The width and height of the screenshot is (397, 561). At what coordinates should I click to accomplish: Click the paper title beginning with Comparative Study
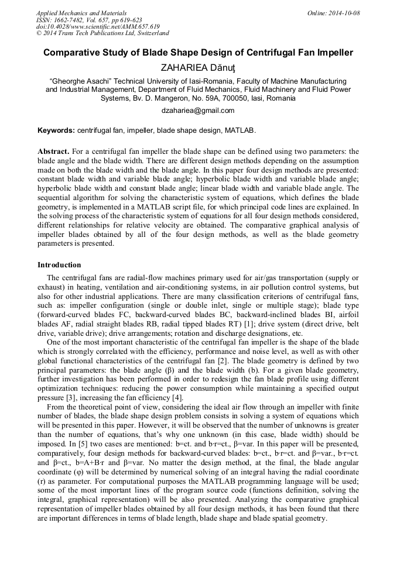point(198,53)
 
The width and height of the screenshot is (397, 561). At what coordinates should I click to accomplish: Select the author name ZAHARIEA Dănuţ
point(198,68)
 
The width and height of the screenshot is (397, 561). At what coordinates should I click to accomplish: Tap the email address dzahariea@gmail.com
point(198,110)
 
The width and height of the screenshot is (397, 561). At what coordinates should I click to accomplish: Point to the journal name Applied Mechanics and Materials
point(81,13)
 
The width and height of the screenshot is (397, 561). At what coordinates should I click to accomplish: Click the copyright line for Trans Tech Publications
point(103,34)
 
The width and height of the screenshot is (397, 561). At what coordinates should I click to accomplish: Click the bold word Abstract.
point(54,151)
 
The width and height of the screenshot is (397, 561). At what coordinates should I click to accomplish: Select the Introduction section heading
point(59,265)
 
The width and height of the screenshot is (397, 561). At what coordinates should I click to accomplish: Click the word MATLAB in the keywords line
point(241,130)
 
